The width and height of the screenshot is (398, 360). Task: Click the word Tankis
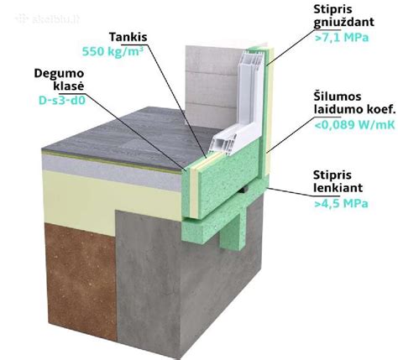(128, 37)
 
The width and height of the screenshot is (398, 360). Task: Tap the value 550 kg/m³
(111, 51)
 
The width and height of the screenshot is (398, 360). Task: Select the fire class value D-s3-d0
(62, 100)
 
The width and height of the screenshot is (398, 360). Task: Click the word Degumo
(59, 74)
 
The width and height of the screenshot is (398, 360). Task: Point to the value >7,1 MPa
(342, 38)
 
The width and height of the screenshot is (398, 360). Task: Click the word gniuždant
(343, 23)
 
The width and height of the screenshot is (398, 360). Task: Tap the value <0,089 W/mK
(354, 125)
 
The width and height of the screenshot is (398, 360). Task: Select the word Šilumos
(338, 97)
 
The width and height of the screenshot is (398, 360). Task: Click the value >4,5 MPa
(341, 203)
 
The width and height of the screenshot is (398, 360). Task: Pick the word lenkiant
(338, 188)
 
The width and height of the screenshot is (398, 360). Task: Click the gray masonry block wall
(211, 86)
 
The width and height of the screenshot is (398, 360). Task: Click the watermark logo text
(48, 19)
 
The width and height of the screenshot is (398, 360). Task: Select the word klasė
(69, 86)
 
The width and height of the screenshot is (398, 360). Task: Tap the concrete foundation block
(185, 279)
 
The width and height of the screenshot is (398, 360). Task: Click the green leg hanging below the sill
(232, 229)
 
